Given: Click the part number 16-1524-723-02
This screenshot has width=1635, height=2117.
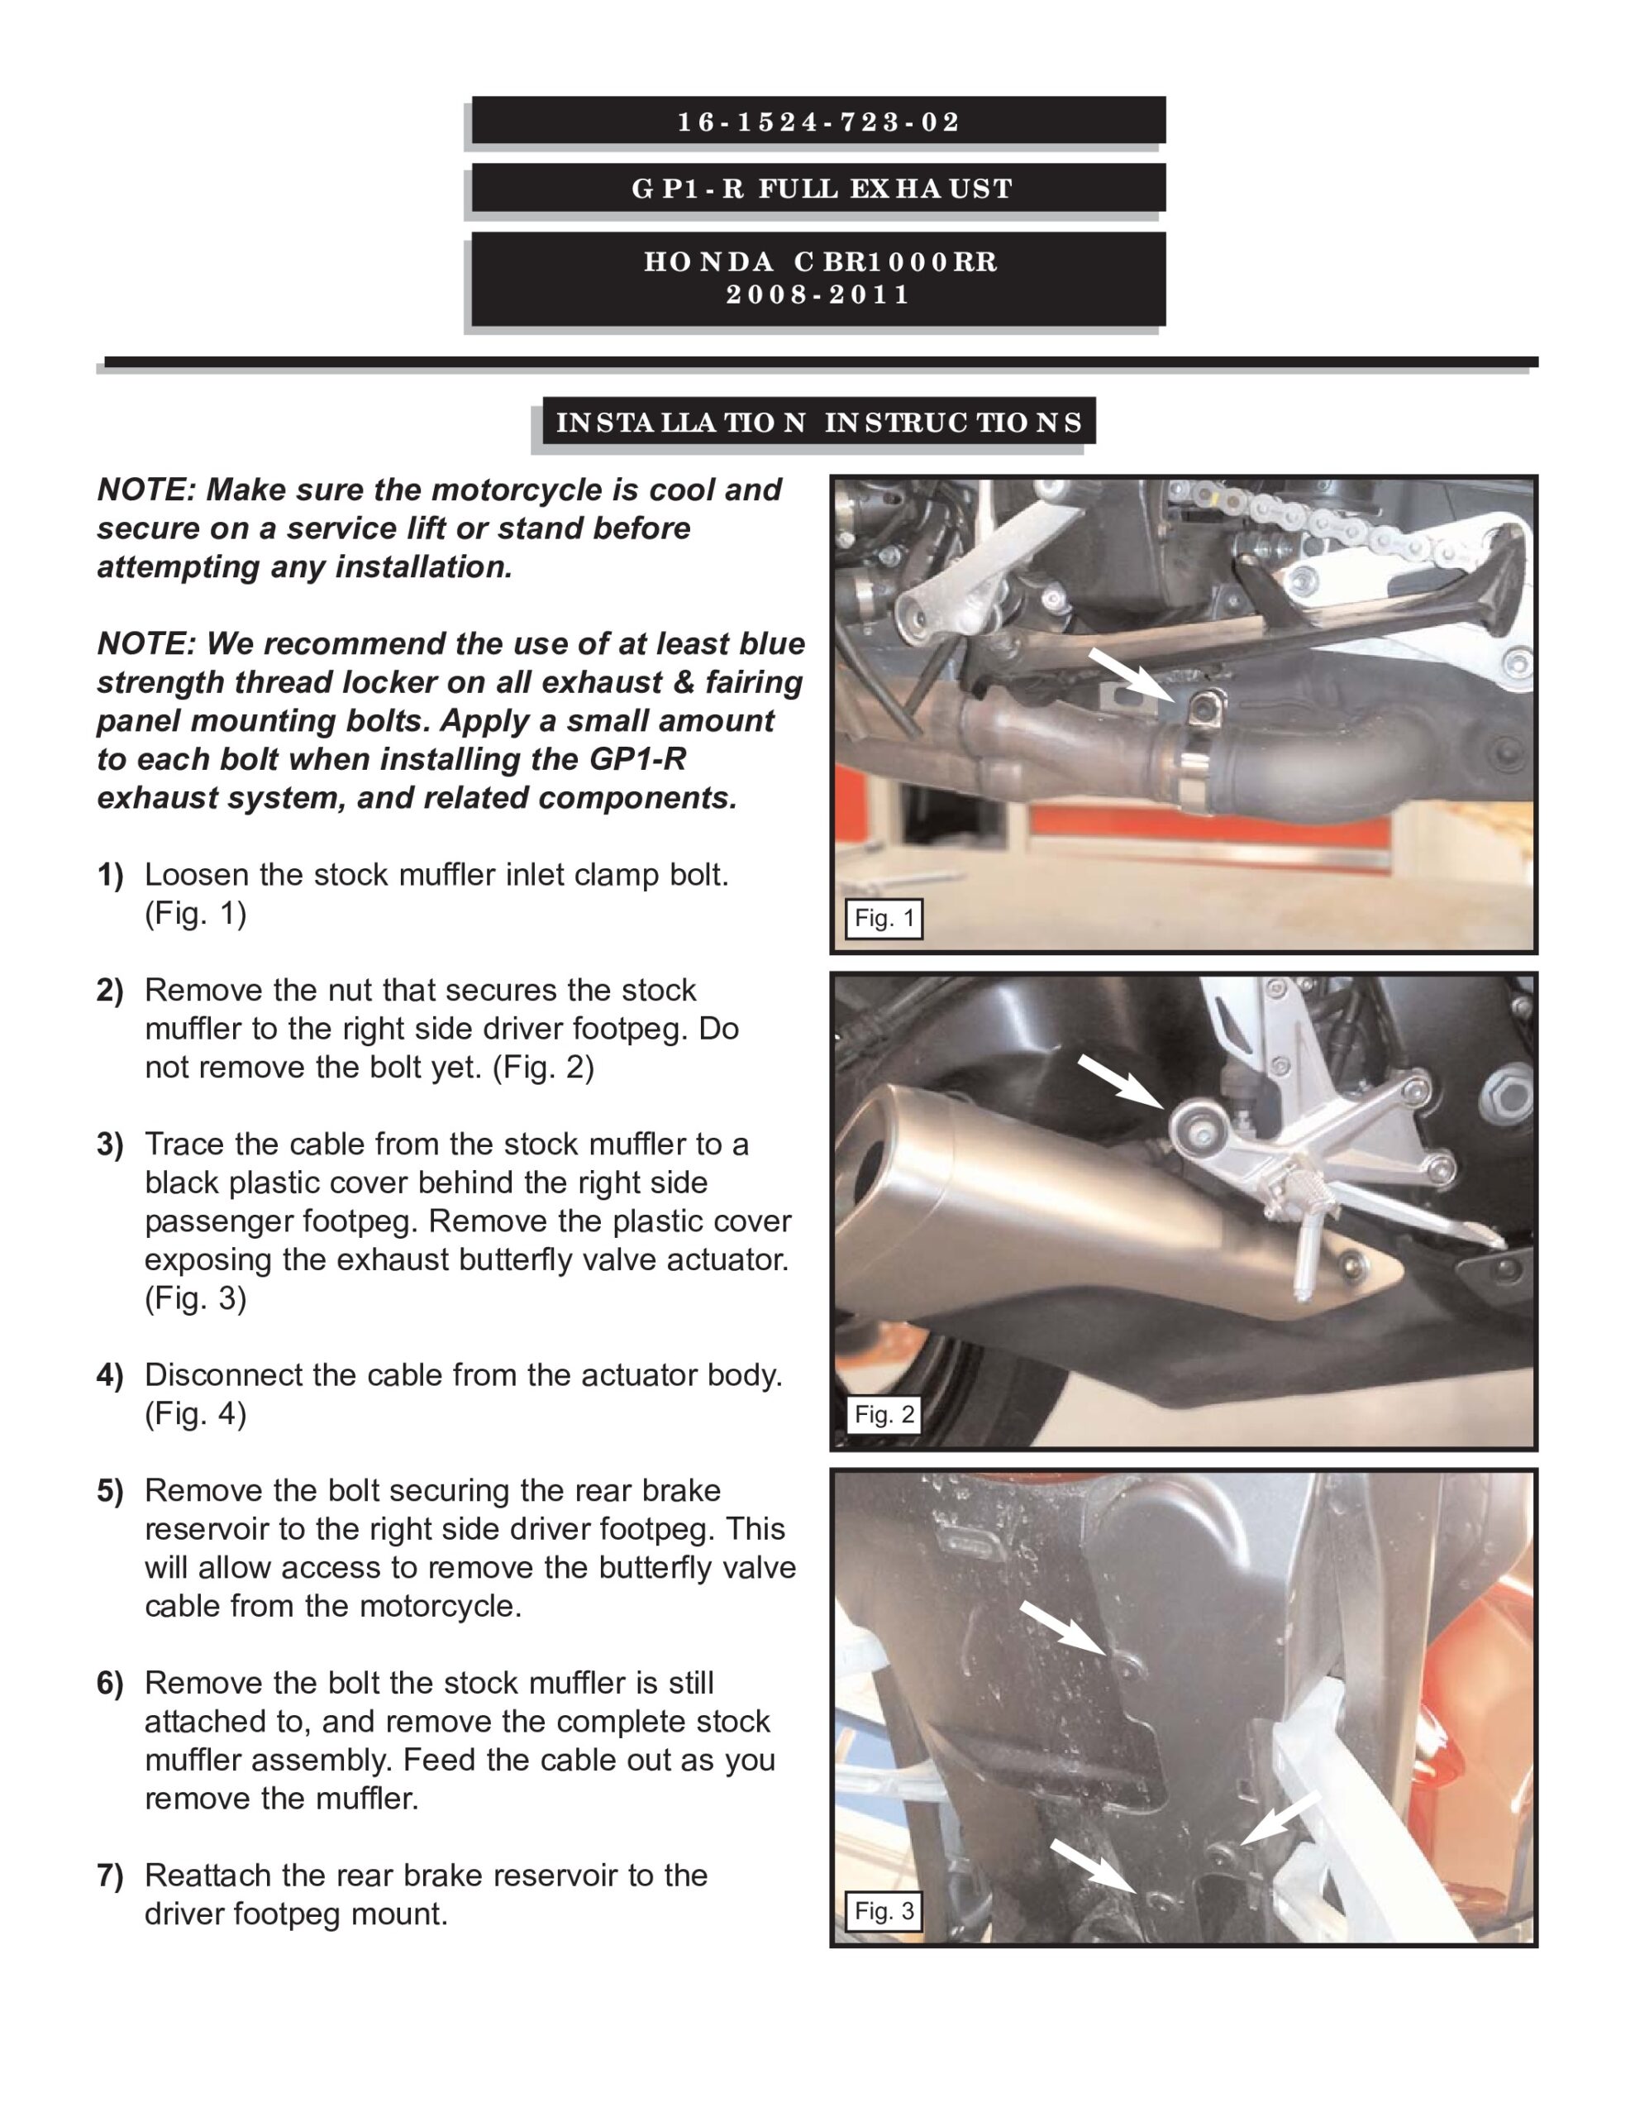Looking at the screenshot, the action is tap(818, 122).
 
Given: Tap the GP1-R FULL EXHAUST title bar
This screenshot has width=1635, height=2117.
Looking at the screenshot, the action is tap(818, 187).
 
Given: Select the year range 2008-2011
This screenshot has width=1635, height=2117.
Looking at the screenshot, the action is tap(819, 294).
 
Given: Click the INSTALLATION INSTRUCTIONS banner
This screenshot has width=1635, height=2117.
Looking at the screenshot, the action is tap(819, 422).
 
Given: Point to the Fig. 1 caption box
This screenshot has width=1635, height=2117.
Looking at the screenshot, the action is tap(884, 918).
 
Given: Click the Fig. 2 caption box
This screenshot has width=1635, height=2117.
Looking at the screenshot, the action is tap(884, 1414).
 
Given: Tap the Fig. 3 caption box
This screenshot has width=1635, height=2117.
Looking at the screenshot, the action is tap(884, 1910).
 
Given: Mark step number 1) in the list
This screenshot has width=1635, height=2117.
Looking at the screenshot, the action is tap(111, 875).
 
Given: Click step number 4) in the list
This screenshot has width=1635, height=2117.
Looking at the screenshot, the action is tap(111, 1375).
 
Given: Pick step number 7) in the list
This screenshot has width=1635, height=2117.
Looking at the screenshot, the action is tap(111, 1876).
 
